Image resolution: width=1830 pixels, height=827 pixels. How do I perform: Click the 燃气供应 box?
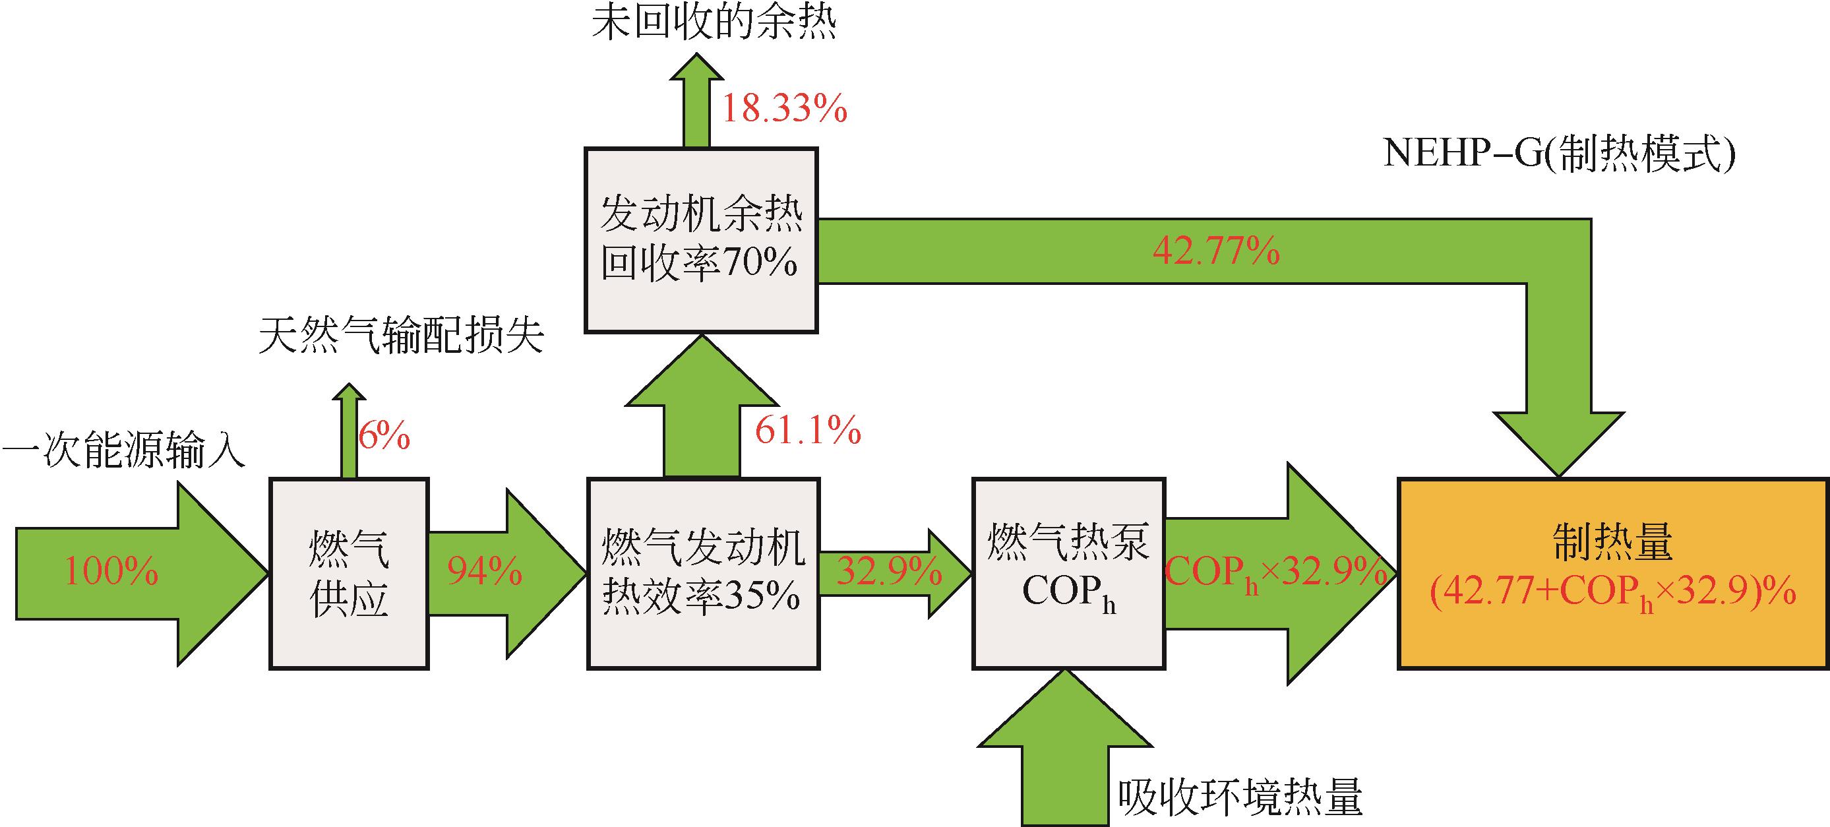click(349, 573)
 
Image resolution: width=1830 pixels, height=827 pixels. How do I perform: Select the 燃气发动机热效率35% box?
click(703, 573)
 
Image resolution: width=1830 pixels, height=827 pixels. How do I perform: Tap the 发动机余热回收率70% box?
click(700, 240)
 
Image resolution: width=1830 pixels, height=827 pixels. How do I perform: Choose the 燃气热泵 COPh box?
click(1068, 573)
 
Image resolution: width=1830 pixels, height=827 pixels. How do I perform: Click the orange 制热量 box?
click(1612, 573)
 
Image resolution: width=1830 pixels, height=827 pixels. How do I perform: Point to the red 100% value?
click(111, 572)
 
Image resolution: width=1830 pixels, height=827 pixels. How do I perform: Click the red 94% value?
click(485, 572)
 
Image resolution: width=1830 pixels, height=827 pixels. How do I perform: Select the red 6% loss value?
click(384, 435)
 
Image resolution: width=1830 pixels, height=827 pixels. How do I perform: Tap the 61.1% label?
click(808, 431)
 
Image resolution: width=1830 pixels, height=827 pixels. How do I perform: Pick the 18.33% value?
click(784, 111)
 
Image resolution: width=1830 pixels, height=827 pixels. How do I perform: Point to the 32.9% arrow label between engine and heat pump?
click(889, 572)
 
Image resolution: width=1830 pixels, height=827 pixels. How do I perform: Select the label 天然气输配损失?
click(402, 336)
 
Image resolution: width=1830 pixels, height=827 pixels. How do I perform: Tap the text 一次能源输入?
click(123, 452)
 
